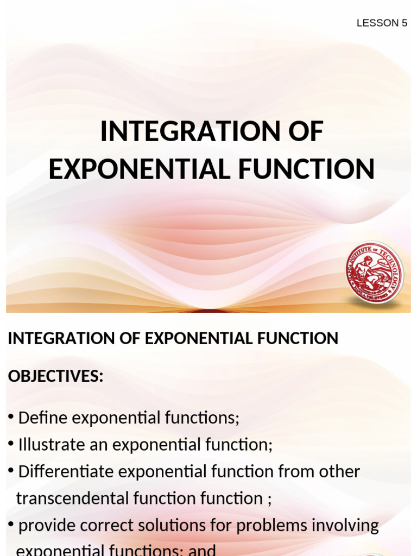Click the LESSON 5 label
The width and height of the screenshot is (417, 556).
[x=382, y=23]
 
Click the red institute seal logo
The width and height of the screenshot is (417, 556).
[x=375, y=273]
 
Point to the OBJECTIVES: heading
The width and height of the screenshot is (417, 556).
[x=55, y=376]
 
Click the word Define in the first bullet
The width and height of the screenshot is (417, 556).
[x=42, y=418]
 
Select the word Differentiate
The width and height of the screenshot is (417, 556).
[x=66, y=471]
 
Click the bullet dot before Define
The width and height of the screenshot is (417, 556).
[x=11, y=417]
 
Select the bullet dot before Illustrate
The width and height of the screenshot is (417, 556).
[x=11, y=444]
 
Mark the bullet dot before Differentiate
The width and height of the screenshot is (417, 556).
[x=11, y=470]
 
